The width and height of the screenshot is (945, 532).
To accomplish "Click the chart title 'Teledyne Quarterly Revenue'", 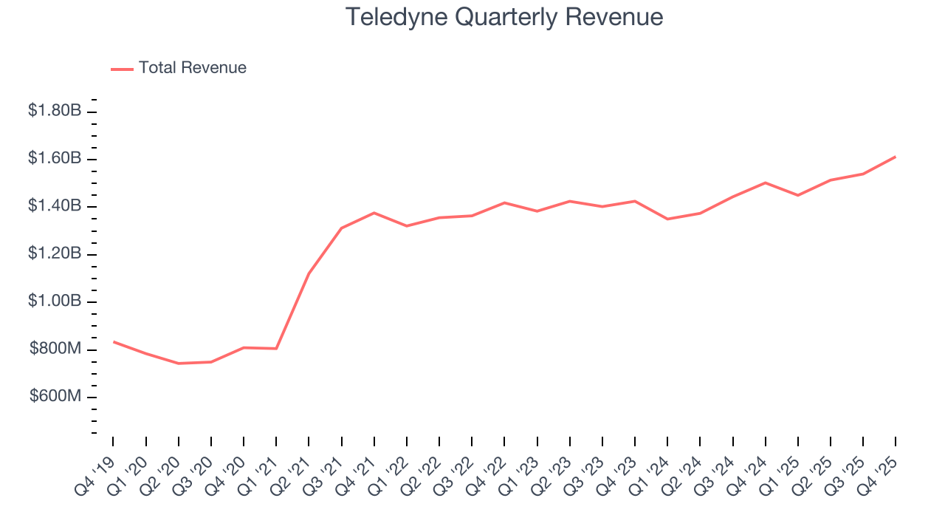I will point(504,17).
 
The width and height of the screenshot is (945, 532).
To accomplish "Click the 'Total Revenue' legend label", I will point(192,68).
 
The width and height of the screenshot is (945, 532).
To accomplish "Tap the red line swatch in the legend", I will point(122,69).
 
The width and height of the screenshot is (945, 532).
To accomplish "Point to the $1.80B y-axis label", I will point(55,111).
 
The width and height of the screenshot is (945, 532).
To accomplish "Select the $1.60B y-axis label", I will point(55,158).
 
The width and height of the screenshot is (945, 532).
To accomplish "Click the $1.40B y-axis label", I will point(55,206).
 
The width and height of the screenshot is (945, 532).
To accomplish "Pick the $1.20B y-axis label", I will point(55,254).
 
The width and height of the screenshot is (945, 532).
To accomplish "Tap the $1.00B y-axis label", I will point(55,301).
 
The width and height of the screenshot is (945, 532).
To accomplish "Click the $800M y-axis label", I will point(55,349).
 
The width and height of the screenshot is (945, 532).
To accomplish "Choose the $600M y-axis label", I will point(55,397).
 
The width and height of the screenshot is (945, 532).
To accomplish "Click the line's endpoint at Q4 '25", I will point(896,157).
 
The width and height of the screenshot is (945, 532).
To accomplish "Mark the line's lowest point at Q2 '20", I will point(178,364).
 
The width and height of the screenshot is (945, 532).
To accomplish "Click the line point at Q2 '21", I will point(309,273).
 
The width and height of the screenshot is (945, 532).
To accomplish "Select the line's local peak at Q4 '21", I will point(374,213).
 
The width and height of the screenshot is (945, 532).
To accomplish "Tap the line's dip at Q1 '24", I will point(667,219).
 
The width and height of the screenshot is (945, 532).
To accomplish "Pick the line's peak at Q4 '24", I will point(766,183).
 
